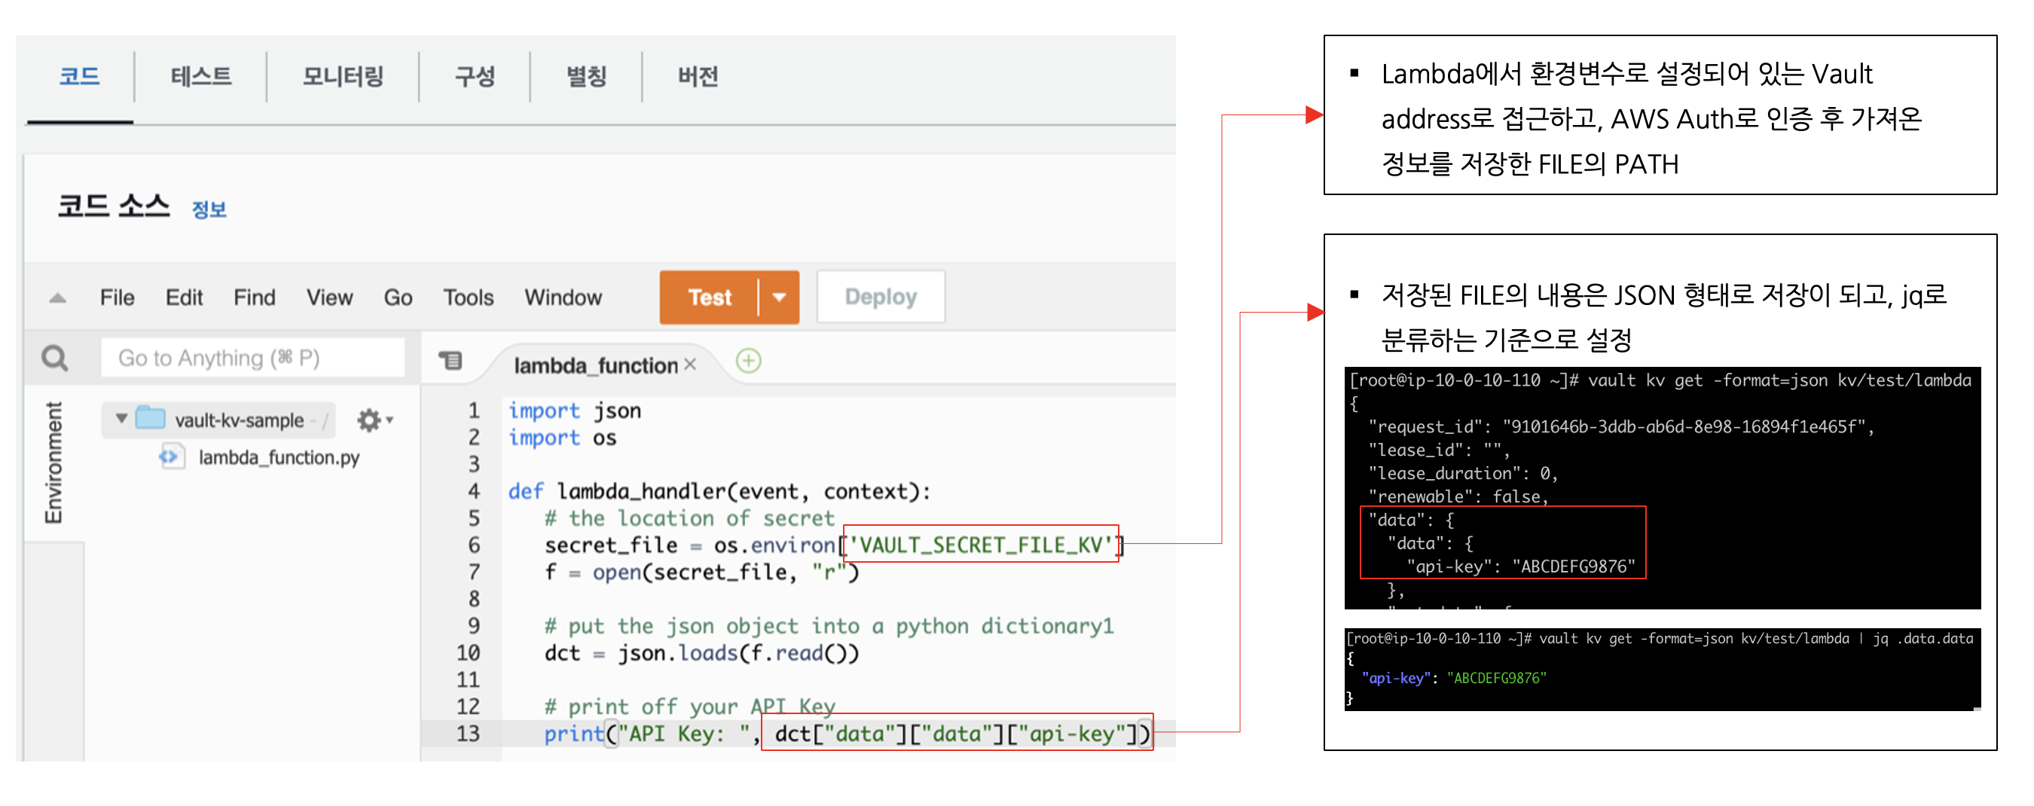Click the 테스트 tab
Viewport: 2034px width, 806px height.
[200, 77]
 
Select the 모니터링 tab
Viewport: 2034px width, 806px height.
[343, 77]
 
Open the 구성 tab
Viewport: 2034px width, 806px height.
[475, 77]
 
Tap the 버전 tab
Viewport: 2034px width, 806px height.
[698, 77]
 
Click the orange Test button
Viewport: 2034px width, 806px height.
[709, 298]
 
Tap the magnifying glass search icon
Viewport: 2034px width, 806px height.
[54, 359]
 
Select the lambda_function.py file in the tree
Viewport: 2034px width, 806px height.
[278, 458]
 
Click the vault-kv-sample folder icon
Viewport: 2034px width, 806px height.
[150, 418]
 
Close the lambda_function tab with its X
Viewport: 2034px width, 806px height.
[690, 364]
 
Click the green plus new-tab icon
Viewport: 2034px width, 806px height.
[748, 362]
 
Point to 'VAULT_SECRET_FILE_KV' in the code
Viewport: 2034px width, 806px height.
[981, 545]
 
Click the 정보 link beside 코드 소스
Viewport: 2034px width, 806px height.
[209, 210]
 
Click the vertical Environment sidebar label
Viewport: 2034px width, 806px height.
[53, 463]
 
